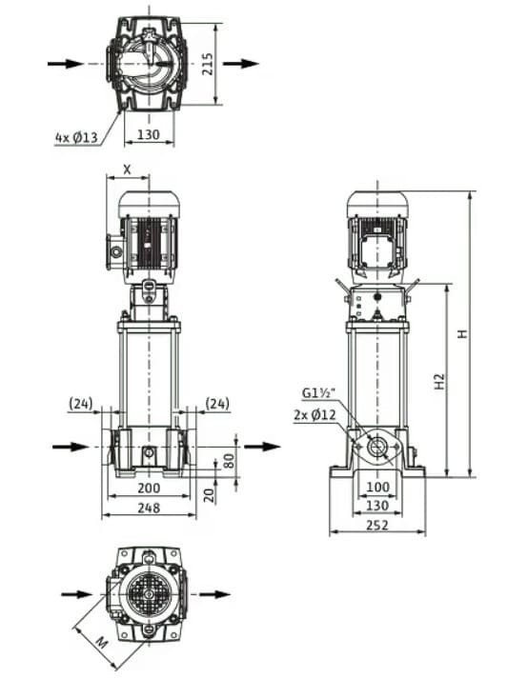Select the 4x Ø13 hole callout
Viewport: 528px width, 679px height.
click(76, 137)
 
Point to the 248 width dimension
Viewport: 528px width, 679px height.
click(148, 508)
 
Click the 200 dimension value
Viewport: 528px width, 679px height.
click(148, 488)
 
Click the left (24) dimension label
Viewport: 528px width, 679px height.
click(81, 404)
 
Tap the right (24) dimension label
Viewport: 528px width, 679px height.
click(218, 404)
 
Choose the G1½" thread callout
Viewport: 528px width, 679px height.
click(318, 392)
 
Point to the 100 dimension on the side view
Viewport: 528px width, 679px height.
click(377, 488)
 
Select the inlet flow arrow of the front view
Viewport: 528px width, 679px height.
click(65, 446)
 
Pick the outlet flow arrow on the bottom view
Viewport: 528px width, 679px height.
click(214, 594)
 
